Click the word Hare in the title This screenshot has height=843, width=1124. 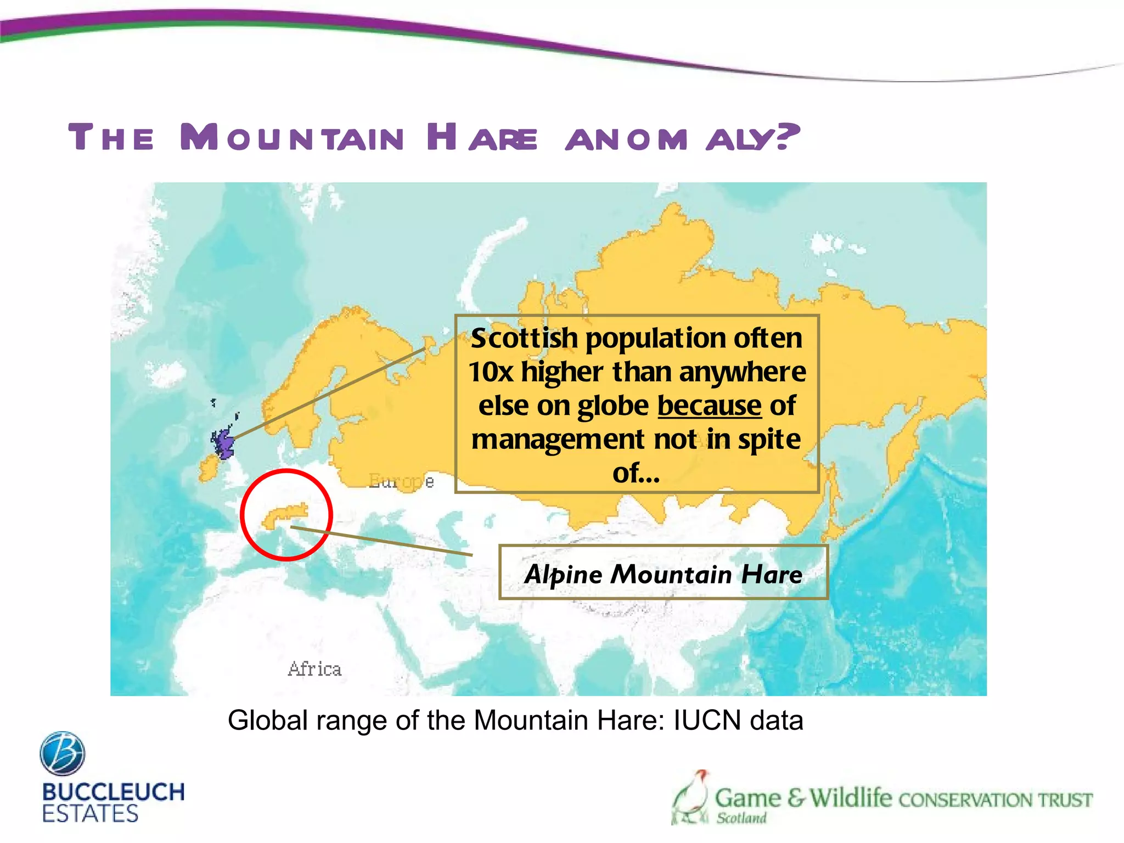click(482, 137)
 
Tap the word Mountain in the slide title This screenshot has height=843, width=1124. click(292, 137)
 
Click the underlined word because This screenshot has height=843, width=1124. click(709, 406)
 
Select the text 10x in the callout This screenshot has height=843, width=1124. click(491, 372)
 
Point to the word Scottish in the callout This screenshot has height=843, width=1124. click(525, 338)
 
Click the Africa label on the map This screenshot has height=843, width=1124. click(314, 669)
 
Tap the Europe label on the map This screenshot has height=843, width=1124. click(401, 481)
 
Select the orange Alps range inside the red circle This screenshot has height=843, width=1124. click(285, 515)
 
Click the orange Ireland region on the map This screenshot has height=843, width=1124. click(209, 468)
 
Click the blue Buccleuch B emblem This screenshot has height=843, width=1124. click(63, 753)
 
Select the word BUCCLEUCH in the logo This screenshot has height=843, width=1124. click(113, 792)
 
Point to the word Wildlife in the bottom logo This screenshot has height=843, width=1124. click(851, 797)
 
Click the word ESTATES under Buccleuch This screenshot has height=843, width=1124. click(90, 814)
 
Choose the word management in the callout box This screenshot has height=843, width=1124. click(558, 440)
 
